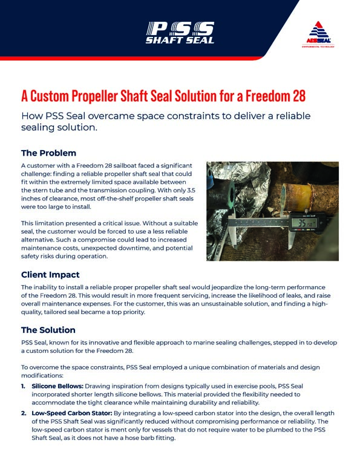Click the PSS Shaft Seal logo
pyautogui.click(x=180, y=32)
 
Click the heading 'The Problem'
pyautogui.click(x=48, y=153)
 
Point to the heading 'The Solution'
pyautogui.click(x=48, y=330)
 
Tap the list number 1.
pyautogui.click(x=24, y=386)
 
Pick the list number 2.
pyautogui.click(x=24, y=413)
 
